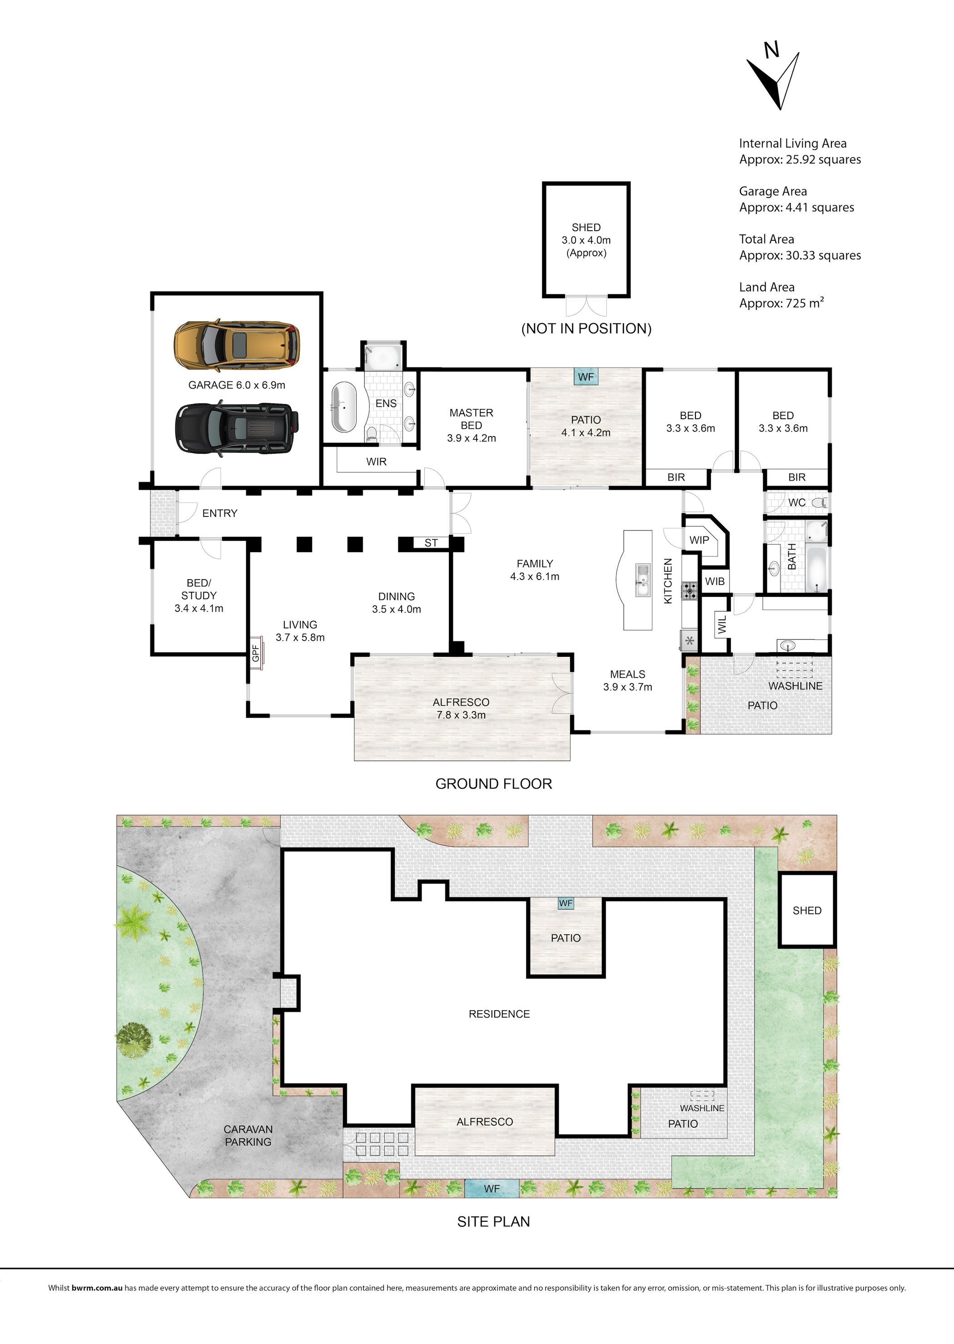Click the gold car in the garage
pos(237,345)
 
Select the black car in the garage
pos(237,428)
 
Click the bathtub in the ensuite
pos(343,407)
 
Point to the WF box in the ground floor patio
pos(586,377)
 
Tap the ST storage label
pos(431,543)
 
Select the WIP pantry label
pos(699,540)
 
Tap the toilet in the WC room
pos(822,502)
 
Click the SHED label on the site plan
pos(806,911)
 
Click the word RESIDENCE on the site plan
pos(499,1014)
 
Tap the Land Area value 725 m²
pos(805,303)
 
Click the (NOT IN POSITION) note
pos(586,328)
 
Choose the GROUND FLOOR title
pos(493,784)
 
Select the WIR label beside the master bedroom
pos(376,462)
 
